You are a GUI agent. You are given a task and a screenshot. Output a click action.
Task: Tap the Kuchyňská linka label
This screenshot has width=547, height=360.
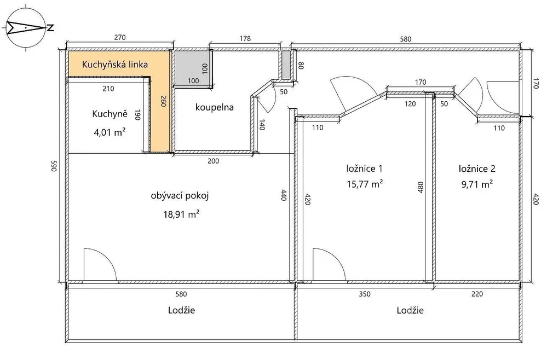pos(115,65)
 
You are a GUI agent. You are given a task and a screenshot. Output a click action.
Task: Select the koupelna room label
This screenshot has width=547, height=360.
pos(214,107)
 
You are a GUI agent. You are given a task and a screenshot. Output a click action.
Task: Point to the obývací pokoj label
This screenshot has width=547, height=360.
pos(180,195)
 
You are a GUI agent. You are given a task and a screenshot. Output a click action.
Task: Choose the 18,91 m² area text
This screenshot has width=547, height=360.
pos(181,213)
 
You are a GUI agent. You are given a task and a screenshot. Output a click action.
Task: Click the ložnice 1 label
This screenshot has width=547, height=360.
pos(364,169)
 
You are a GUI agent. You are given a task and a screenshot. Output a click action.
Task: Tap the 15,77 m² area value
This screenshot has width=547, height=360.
pos(365,184)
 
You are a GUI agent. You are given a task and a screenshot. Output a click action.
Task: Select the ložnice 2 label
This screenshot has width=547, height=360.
pos(477,169)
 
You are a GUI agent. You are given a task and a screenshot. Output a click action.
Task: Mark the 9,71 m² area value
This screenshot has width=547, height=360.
pos(477,184)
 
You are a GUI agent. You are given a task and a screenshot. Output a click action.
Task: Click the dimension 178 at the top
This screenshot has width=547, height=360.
pos(245,38)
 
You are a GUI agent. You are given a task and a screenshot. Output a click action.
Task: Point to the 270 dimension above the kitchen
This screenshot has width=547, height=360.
pos(120,37)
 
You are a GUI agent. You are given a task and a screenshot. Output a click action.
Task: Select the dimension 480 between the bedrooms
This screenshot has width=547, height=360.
pos(421,187)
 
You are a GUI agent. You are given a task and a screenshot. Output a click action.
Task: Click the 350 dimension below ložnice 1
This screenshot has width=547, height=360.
pos(364,294)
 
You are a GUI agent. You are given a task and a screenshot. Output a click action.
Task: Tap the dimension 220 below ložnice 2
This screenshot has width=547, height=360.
pos(477,294)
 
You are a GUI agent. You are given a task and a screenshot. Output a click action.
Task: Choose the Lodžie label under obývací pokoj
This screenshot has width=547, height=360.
pos(181,310)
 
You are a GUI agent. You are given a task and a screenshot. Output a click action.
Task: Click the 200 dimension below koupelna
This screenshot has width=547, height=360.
pos(213,161)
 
